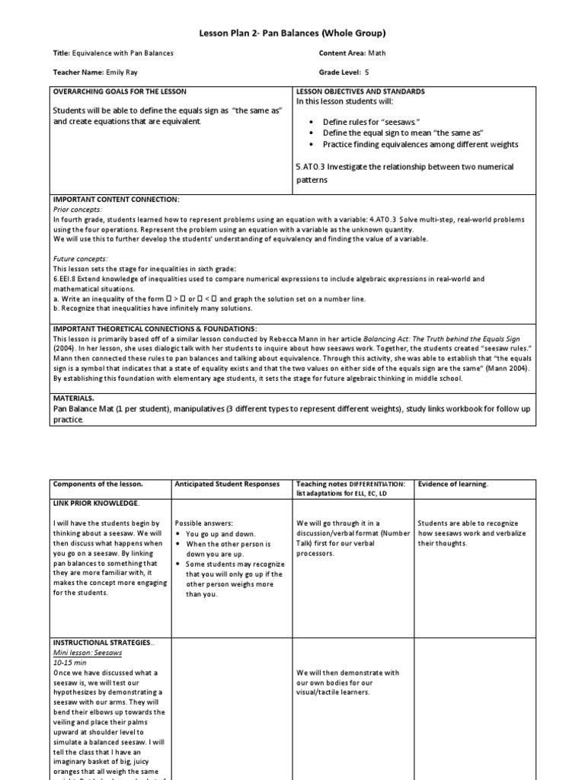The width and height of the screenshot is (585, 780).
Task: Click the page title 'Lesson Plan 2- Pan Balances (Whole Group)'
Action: click(x=292, y=33)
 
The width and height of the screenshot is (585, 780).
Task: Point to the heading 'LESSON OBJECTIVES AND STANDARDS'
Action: click(x=360, y=91)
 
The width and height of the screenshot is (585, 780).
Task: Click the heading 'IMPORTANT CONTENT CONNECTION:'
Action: click(x=116, y=199)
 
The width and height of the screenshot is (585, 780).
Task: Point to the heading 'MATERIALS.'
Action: click(x=74, y=398)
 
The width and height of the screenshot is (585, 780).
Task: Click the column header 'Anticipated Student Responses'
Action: click(x=227, y=484)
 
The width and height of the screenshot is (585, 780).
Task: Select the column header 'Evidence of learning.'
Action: click(x=454, y=484)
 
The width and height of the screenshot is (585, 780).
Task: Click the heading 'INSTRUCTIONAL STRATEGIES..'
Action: click(x=103, y=643)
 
